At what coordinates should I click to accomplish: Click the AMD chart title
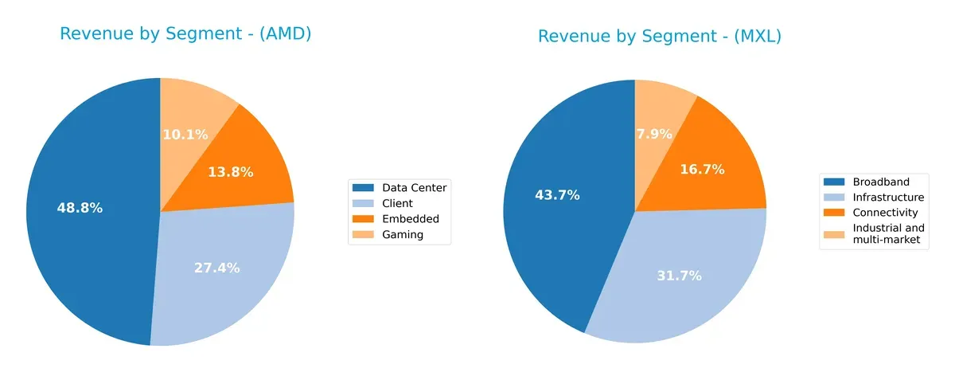pos(185,34)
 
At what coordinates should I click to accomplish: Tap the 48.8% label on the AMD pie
pos(80,208)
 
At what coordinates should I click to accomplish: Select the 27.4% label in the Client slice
pos(216,268)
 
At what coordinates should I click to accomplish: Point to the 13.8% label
pos(231,171)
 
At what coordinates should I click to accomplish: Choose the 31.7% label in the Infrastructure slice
pos(679,276)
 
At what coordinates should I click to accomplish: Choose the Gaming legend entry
pos(403,234)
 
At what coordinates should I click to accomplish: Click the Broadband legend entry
pos(880,182)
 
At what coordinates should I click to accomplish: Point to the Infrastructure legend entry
pos(888,197)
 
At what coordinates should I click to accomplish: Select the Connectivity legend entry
pos(885,213)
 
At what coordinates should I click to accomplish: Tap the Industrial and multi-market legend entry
pos(888,234)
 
